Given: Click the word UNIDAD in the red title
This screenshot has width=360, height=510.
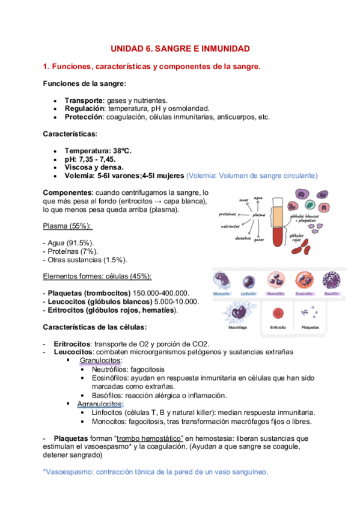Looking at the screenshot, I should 129,48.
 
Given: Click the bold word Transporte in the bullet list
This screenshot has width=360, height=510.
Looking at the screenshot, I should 84,100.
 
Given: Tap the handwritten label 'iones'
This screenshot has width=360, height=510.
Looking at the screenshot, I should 243,200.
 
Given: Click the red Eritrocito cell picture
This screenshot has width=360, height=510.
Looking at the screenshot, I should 278,313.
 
